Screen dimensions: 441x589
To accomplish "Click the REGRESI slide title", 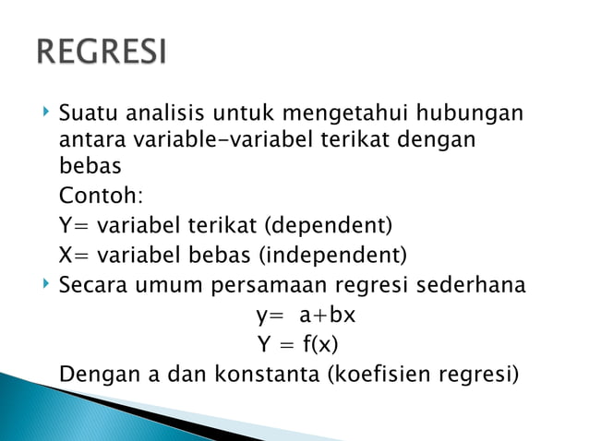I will pyautogui.click(x=102, y=51).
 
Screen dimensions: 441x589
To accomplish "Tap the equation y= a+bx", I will pyautogui.click(x=306, y=316).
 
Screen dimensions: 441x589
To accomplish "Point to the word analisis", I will pyautogui.click(x=165, y=116).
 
